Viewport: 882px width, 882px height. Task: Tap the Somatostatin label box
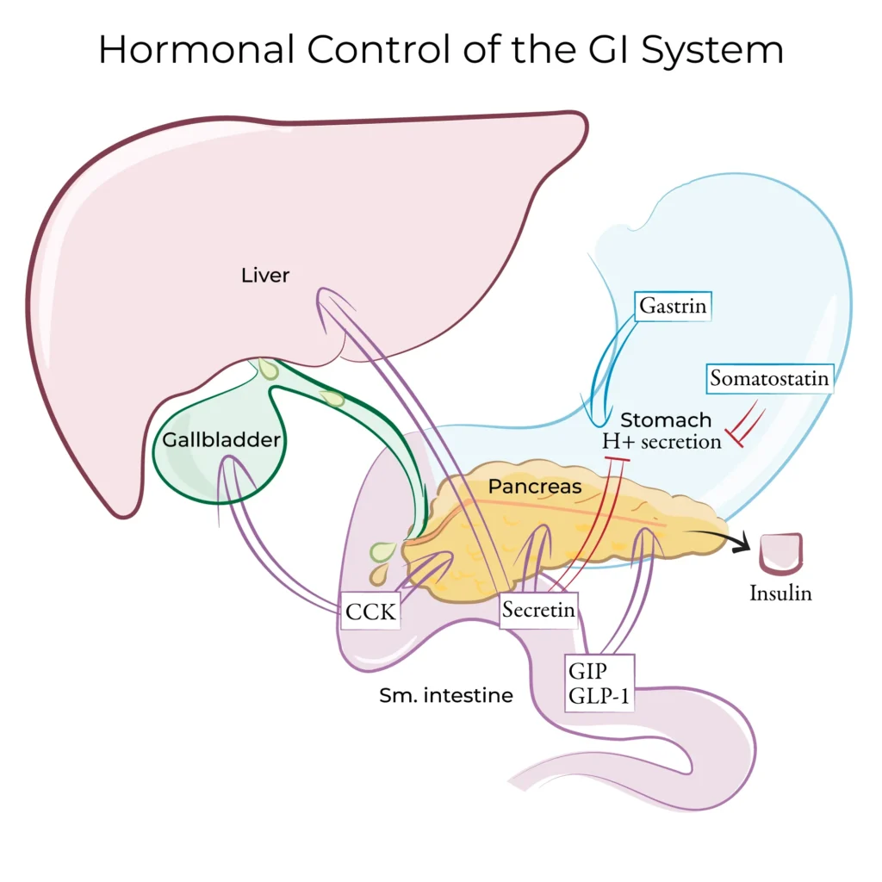click(x=770, y=377)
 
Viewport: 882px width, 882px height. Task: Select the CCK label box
click(x=370, y=612)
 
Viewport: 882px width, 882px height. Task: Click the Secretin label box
click(x=538, y=610)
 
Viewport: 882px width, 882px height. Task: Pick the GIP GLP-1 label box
click(x=599, y=683)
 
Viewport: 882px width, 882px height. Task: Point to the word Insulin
click(x=780, y=593)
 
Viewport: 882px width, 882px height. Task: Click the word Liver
click(x=265, y=276)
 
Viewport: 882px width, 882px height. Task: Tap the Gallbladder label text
click(x=221, y=440)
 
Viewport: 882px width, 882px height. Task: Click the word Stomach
click(x=666, y=420)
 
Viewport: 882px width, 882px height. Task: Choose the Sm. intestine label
click(x=445, y=695)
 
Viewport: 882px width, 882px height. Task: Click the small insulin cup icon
click(x=780, y=553)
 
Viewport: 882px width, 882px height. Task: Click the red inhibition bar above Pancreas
click(x=618, y=463)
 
